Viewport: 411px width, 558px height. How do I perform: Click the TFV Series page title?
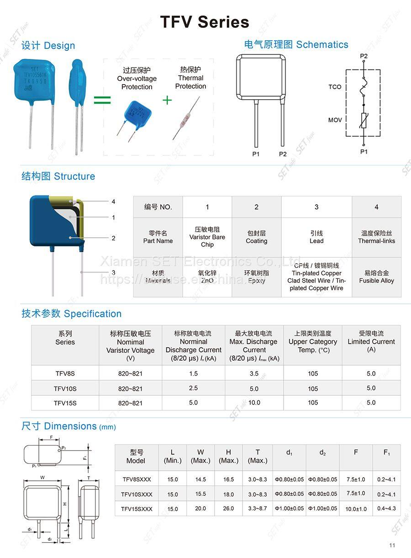tap(205, 22)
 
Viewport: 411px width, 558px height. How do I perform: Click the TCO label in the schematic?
tap(335, 87)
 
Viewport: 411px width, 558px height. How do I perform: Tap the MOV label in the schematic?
tap(335, 120)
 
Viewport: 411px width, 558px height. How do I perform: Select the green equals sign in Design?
tap(102, 100)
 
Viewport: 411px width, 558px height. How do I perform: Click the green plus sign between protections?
tap(167, 100)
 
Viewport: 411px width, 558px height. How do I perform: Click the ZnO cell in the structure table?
tap(207, 277)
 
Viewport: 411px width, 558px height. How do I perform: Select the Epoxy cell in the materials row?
tap(256, 277)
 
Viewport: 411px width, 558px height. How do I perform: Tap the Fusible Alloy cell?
tap(376, 277)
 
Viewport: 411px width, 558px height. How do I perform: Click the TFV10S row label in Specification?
tap(65, 388)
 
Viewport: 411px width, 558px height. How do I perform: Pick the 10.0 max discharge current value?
tap(254, 403)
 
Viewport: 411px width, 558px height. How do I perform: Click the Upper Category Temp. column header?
tap(313, 342)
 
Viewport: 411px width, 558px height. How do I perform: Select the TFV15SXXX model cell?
tap(137, 509)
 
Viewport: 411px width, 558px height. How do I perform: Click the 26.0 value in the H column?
tap(228, 509)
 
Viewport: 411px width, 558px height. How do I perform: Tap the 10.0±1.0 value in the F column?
tap(356, 509)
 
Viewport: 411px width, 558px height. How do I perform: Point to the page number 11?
tap(392, 545)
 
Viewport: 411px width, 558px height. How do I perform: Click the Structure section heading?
tap(58, 176)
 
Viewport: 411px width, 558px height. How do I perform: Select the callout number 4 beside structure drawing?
tap(113, 202)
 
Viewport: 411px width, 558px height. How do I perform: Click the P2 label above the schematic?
tap(364, 56)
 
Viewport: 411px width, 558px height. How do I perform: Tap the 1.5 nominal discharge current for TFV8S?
tap(194, 373)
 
